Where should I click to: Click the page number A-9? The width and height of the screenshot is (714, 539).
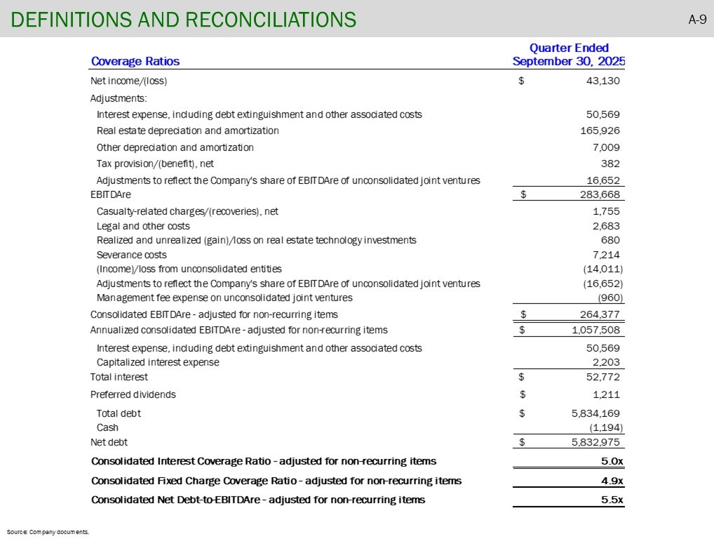click(x=696, y=19)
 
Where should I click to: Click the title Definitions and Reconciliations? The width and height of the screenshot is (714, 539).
click(x=183, y=20)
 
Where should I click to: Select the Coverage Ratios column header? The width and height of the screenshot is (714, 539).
click(x=135, y=61)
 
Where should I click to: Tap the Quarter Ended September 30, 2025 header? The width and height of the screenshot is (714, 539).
click(x=569, y=54)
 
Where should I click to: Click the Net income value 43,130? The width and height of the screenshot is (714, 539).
click(x=602, y=81)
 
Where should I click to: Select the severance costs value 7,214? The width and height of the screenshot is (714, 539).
click(x=605, y=255)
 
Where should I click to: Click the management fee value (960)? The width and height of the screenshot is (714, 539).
click(x=609, y=298)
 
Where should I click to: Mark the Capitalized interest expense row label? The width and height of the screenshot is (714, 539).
click(x=158, y=362)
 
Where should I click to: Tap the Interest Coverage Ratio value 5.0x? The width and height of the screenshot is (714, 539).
click(x=612, y=461)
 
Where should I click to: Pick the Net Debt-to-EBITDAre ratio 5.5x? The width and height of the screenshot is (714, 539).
click(x=612, y=500)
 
